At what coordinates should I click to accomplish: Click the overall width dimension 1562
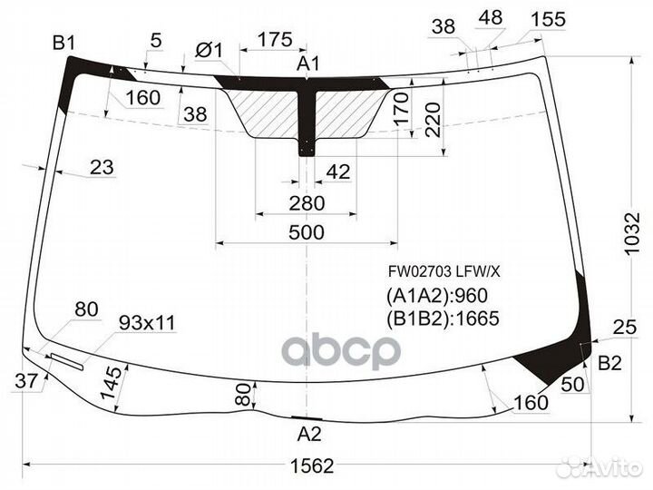312,465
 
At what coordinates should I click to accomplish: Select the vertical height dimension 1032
632,233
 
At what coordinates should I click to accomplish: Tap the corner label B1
63,43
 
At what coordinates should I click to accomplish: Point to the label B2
609,363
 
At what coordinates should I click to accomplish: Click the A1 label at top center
308,64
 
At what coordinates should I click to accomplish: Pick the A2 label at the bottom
309,434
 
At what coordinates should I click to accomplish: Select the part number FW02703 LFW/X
443,272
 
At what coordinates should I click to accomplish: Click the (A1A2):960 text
437,296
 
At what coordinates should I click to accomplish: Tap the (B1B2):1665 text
443,318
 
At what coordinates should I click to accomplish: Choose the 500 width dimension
307,232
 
